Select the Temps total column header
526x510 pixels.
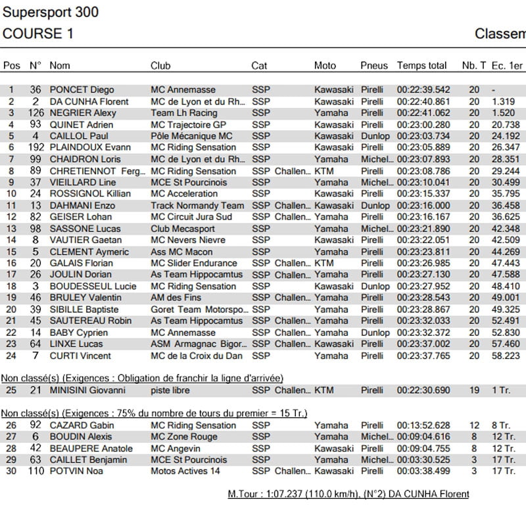(421, 66)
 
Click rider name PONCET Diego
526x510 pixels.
(82, 90)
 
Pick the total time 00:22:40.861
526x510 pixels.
(423, 102)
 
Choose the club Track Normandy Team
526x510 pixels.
(197, 205)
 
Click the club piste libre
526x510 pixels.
(170, 390)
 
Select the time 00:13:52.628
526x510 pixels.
(423, 425)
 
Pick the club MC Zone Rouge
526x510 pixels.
(184, 436)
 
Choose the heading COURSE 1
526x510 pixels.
(38, 34)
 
